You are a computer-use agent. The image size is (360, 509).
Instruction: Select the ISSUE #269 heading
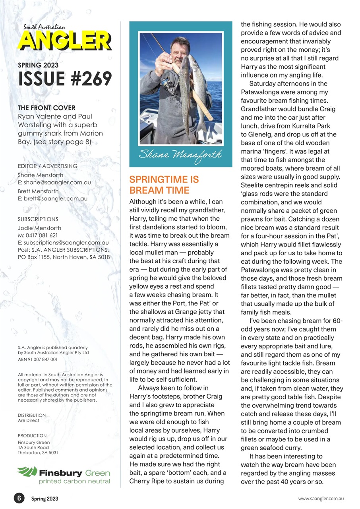[x=65, y=79]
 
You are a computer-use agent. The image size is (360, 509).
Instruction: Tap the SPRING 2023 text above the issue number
[x=38, y=65]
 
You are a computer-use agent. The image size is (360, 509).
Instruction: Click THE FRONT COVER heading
[x=46, y=108]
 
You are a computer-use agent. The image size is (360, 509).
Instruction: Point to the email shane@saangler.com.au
[x=57, y=183]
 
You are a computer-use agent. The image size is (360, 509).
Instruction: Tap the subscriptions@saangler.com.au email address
[x=66, y=242]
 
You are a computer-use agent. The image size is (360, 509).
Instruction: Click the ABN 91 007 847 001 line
[x=38, y=359]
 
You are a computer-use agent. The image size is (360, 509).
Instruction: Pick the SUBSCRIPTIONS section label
[x=38, y=219]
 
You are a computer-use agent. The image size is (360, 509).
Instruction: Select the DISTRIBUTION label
[x=32, y=415]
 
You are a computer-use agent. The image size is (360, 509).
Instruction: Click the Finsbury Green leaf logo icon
[x=27, y=472]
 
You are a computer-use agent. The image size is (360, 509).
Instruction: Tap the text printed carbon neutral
[x=74, y=481]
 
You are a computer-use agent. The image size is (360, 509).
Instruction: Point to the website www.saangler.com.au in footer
[x=321, y=498]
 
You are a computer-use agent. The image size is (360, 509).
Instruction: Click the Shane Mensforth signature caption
[x=180, y=154]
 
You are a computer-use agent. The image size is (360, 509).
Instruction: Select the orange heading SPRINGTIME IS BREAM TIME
[x=164, y=185]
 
